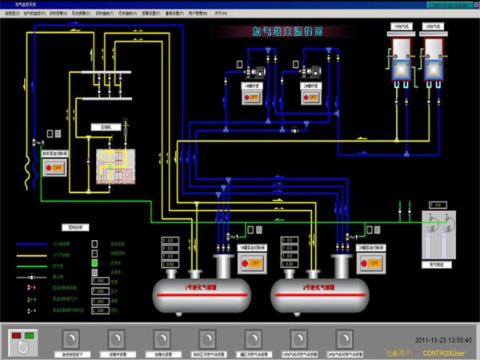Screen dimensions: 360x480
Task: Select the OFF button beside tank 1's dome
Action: tap(252, 262)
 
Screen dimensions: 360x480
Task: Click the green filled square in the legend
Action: tap(95, 262)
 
